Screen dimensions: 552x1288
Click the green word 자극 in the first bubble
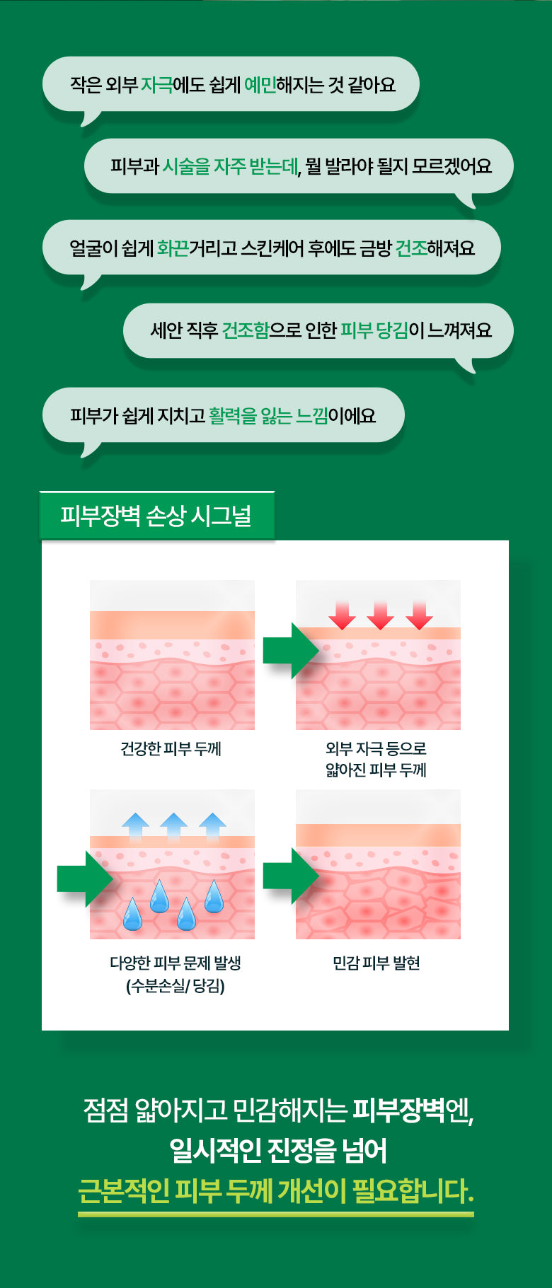(x=157, y=85)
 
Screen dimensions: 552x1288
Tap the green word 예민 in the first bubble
(x=260, y=85)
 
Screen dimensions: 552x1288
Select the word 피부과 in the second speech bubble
(x=134, y=166)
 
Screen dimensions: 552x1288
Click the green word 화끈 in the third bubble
(x=173, y=248)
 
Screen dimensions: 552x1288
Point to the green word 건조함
(x=246, y=330)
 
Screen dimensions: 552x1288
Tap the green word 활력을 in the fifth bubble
(x=233, y=415)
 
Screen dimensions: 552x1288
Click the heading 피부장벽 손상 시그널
(x=156, y=516)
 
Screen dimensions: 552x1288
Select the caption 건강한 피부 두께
(x=171, y=748)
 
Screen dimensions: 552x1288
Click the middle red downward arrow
(x=380, y=615)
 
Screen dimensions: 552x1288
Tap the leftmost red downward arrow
(x=342, y=615)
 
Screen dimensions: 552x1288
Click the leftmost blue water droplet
(x=132, y=913)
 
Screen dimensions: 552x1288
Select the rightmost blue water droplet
(x=214, y=895)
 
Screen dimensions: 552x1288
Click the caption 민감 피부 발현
(x=376, y=963)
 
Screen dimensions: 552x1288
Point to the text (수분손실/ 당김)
(x=176, y=985)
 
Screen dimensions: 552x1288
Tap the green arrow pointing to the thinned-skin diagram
(x=291, y=651)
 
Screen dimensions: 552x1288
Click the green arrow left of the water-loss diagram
(x=85, y=878)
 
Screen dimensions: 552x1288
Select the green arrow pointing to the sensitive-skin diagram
(x=291, y=876)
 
